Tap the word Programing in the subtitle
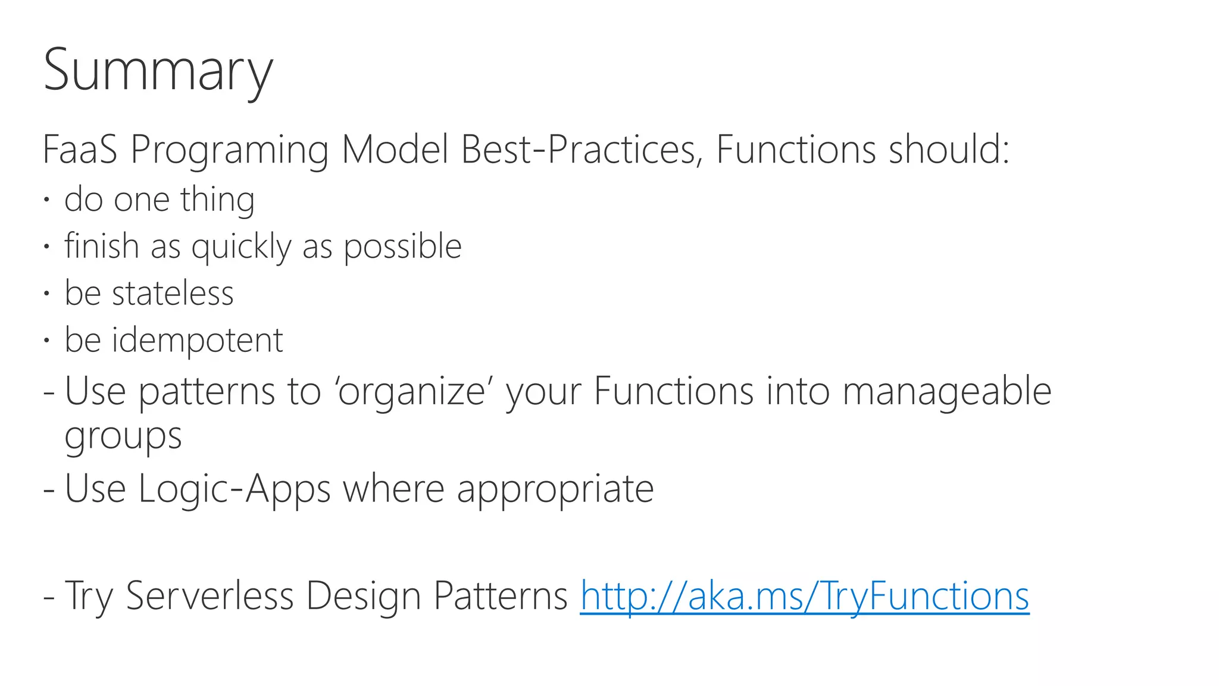point(229,150)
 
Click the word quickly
point(241,247)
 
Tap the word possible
point(402,247)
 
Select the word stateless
point(173,293)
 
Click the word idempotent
point(197,341)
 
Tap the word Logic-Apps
point(235,489)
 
